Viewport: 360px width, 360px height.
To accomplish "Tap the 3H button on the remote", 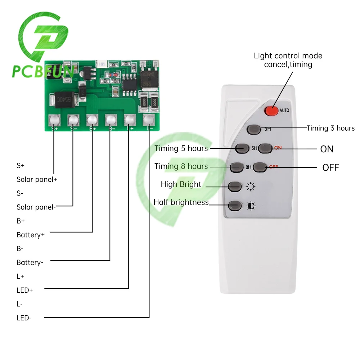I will point(254,129).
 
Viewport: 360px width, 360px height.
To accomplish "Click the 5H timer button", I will point(242,148).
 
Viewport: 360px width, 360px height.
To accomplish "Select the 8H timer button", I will point(237,167).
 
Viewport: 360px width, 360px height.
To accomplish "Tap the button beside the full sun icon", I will point(235,186).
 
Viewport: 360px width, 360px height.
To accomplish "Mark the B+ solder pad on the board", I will point(92,120).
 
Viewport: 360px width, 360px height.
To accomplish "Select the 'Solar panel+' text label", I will point(37,179).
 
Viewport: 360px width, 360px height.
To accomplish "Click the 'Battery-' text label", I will point(30,262).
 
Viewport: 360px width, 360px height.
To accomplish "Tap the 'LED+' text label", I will point(25,290).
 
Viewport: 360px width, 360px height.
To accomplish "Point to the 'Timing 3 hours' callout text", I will point(330,128).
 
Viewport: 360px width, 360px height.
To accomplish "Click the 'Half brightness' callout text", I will point(181,202).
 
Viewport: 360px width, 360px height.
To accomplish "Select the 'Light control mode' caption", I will point(288,56).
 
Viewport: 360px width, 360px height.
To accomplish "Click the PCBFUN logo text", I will point(43,71).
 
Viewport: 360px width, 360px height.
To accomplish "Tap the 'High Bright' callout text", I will point(181,184).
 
